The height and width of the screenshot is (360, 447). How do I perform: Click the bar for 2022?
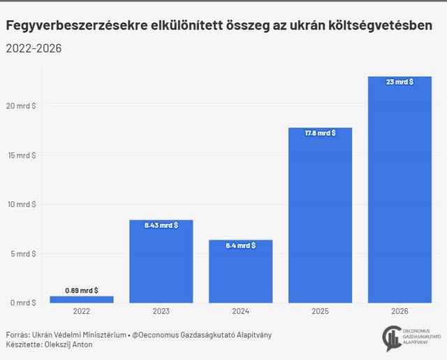coord(81,299)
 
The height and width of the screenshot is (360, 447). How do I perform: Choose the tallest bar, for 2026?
coord(400,189)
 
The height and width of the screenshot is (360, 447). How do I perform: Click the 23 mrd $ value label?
coord(400,82)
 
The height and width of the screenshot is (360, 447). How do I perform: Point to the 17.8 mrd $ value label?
coord(320,133)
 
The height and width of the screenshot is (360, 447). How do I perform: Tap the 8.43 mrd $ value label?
coord(161,225)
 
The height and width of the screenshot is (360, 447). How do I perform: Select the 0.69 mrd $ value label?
coord(81,290)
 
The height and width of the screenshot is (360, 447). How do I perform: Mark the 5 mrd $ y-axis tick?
coord(23,254)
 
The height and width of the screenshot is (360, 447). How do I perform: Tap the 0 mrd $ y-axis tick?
coord(23,303)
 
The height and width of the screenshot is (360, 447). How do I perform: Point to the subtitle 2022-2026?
coord(34,48)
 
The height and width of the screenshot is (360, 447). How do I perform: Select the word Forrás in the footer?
coord(17,335)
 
